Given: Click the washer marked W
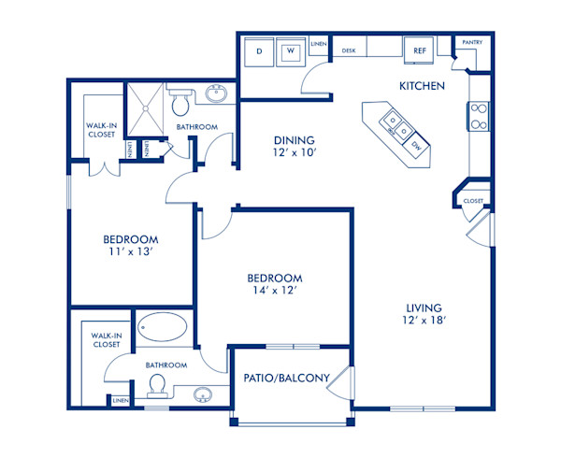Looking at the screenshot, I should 290,51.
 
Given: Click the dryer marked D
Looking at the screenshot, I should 259,51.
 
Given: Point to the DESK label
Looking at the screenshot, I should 349,50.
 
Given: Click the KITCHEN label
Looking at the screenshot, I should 421,86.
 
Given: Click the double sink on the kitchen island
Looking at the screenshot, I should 392,123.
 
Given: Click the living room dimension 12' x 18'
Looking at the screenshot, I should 424,321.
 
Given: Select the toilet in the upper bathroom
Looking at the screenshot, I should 181,96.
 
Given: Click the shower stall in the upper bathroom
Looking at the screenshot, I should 146,108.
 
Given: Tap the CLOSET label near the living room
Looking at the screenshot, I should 473,200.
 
